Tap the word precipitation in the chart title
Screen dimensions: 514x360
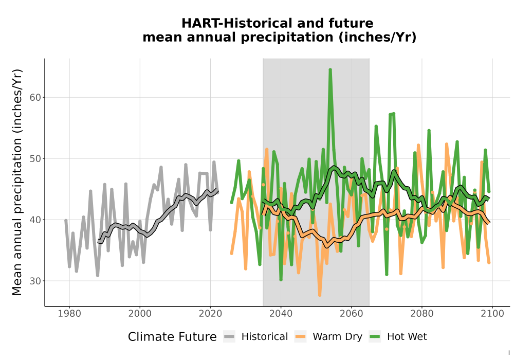[287, 38]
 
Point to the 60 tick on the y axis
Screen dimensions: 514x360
[34, 98]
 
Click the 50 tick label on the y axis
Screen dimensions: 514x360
[34, 159]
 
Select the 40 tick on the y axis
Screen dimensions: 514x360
[34, 220]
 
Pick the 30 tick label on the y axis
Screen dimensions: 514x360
[34, 281]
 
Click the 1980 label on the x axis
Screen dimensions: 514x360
[69, 314]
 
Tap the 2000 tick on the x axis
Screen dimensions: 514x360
[140, 314]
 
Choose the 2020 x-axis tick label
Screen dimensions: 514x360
[210, 314]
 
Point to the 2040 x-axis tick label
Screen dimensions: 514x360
[281, 314]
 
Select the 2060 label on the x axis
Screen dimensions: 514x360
[352, 314]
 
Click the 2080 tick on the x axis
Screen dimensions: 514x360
[422, 314]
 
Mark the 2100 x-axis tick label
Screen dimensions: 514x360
[492, 314]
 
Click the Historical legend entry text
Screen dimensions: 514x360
[265, 337]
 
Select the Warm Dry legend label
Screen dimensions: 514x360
[337, 337]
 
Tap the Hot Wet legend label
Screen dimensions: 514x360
[407, 337]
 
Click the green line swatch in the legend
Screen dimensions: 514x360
[375, 337]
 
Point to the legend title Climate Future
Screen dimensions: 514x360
[172, 337]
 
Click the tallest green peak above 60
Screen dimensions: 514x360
[330, 69]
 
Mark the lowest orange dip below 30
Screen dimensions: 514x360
[320, 295]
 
